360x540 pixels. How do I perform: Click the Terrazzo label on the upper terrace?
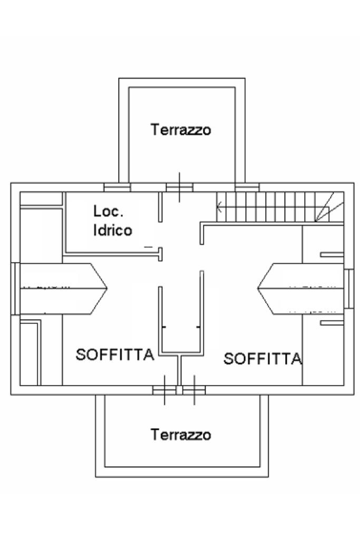181,129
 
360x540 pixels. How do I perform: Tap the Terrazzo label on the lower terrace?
181,435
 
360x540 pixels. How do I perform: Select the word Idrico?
113,230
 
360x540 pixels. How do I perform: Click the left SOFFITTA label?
115,354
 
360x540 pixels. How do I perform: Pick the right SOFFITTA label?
262,359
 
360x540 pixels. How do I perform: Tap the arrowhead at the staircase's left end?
219,206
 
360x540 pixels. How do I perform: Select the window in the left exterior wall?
16,288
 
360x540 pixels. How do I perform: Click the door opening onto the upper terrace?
179,187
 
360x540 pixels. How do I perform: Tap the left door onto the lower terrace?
164,390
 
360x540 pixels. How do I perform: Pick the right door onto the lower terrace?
194,390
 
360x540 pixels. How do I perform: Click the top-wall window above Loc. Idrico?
117,187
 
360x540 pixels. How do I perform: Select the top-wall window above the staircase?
247,187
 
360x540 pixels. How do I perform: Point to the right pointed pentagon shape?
300,288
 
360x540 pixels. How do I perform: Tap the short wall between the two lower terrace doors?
179,372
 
